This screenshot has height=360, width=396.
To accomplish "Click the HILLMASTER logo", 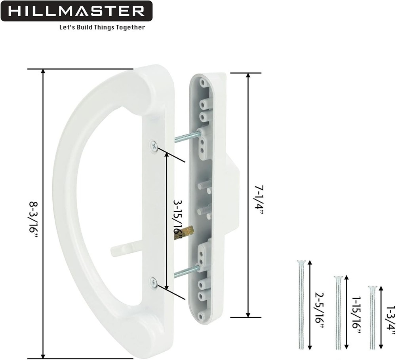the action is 76,11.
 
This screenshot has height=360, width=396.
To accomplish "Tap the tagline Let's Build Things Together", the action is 102,27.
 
